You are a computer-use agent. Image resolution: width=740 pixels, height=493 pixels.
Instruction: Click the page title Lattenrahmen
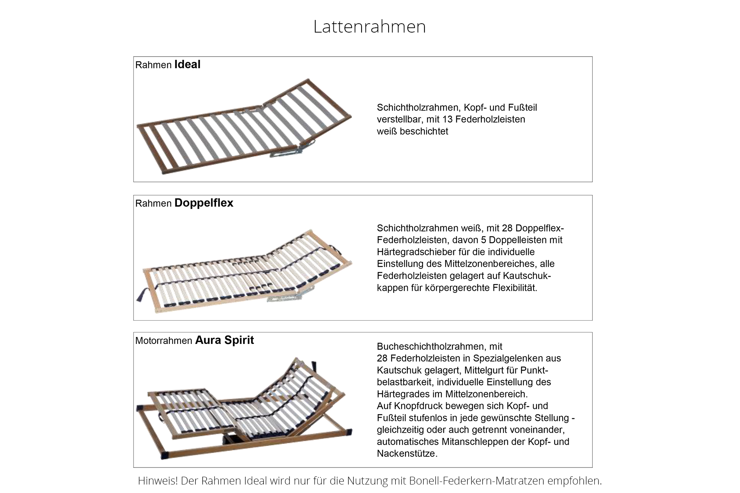tap(369, 27)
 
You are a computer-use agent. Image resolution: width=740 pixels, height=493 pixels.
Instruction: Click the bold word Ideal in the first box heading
tap(187, 64)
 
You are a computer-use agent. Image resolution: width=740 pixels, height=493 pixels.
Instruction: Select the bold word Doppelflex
tap(203, 203)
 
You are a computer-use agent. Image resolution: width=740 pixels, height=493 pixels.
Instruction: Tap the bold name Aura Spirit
tap(224, 340)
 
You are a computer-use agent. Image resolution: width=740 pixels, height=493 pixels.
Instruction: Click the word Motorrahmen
tap(164, 341)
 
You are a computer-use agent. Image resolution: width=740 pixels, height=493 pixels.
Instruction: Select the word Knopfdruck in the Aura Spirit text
tap(418, 406)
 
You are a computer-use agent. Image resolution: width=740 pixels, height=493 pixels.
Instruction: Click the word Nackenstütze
tap(407, 453)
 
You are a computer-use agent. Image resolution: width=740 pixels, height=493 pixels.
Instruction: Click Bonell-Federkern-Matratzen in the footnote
tap(477, 480)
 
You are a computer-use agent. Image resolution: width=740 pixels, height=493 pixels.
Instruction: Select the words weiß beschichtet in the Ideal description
tap(412, 131)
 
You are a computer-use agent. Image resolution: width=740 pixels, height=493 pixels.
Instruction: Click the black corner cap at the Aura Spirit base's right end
tap(349, 432)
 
